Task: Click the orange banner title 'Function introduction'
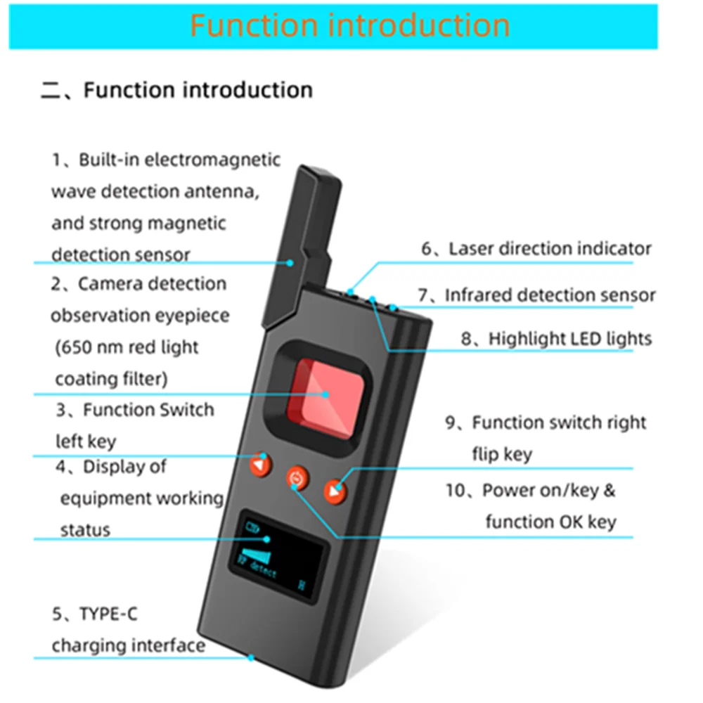point(349,25)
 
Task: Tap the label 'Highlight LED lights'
point(570,338)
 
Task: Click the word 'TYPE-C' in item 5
point(109,614)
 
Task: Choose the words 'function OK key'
point(550,522)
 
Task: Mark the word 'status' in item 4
point(85,529)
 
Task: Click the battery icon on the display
point(250,525)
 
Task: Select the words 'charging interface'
point(129,645)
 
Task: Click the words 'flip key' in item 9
point(502,454)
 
